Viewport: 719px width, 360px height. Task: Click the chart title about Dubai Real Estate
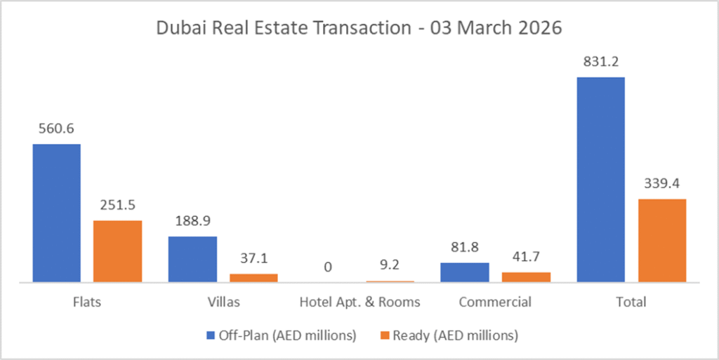359,29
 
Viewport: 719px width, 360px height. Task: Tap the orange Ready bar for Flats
118,251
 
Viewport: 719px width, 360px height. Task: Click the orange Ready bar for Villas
253,278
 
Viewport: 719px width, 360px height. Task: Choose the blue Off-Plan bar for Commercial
464,272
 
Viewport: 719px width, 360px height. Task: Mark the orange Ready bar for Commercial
526,277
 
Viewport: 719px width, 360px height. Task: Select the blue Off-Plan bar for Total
600,180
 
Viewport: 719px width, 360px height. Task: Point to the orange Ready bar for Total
662,241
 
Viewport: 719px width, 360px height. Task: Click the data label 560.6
57,128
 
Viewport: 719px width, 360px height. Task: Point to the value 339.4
662,183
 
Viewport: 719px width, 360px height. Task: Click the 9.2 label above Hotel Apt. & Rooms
390,267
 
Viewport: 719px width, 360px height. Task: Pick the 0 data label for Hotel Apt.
329,267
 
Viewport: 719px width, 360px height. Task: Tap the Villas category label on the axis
223,302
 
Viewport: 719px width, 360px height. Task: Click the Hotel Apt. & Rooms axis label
359,302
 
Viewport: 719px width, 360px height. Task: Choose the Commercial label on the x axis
495,302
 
